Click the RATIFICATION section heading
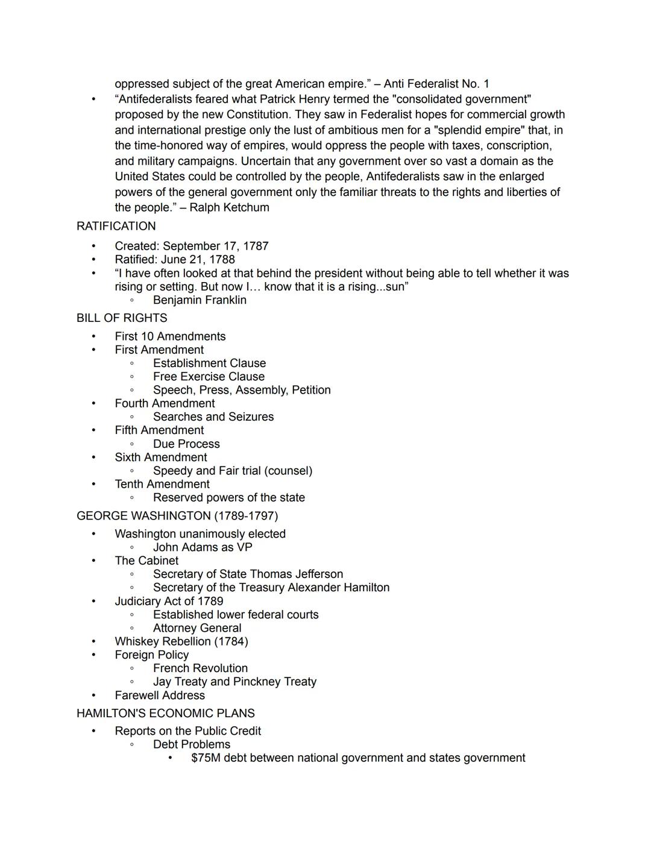[x=116, y=226]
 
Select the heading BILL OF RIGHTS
[x=122, y=318]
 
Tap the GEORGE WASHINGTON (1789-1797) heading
[x=177, y=516]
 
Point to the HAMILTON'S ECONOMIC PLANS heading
[x=166, y=713]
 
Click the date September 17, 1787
[x=216, y=246]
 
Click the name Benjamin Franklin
[x=200, y=300]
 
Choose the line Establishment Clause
[x=209, y=363]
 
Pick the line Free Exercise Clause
[x=209, y=377]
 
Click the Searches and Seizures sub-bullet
[x=213, y=417]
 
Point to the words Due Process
[x=186, y=444]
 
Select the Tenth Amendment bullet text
[x=162, y=484]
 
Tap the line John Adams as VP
[x=203, y=547]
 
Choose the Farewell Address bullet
[x=160, y=696]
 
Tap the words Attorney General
[x=197, y=628]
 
